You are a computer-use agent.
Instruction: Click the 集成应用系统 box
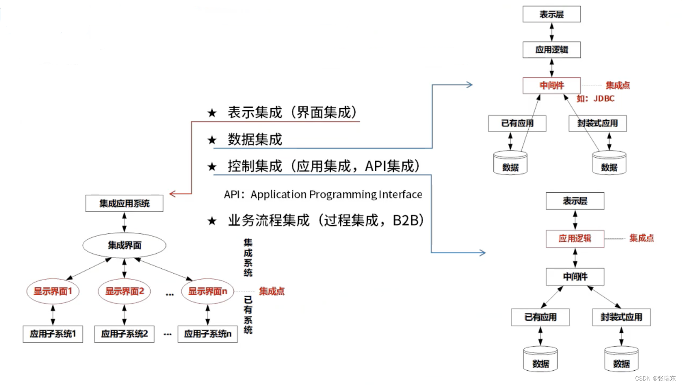coord(124,203)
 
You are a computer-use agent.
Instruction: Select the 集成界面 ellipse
coord(124,245)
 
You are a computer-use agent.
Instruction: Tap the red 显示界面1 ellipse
coord(53,291)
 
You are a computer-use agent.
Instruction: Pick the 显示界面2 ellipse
coord(124,291)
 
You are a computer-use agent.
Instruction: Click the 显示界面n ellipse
coord(207,291)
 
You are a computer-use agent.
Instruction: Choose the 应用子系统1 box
coord(53,334)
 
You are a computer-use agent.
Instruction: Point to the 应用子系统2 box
coord(124,334)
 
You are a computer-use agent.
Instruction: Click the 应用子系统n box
coord(207,334)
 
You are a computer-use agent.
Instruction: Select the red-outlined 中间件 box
coord(552,85)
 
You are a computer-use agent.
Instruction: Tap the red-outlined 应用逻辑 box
coord(575,239)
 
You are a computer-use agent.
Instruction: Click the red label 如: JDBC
coord(595,99)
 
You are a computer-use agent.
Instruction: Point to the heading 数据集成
coord(255,139)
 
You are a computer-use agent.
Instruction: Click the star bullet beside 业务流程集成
coord(212,221)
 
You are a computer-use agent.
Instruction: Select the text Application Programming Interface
coord(336,195)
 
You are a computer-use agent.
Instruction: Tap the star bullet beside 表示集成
coord(212,113)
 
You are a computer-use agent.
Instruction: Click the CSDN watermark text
coord(655,378)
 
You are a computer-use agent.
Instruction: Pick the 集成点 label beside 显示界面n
coord(272,291)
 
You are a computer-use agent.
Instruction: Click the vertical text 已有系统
coord(248,315)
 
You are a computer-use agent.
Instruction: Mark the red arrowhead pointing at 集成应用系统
coord(172,194)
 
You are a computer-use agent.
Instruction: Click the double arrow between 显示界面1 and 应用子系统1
coord(53,314)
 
